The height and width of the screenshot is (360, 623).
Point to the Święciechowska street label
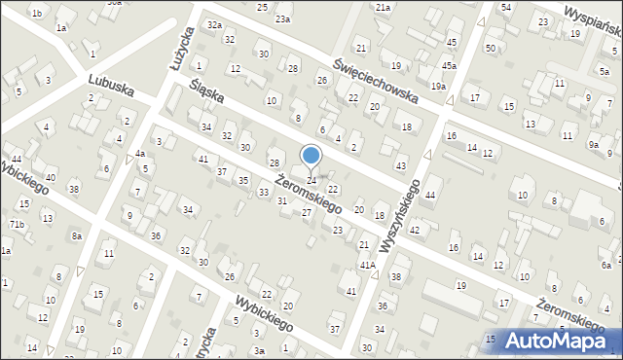375,81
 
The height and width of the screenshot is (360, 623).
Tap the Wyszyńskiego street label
402,216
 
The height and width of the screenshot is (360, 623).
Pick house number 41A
367,265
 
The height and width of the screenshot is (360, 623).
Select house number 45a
449,65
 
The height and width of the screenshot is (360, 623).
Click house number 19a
439,87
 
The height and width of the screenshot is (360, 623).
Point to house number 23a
282,18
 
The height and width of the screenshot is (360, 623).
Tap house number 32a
214,24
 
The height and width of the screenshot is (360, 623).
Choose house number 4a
140,153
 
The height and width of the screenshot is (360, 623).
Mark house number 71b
17,224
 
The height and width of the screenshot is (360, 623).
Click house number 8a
76,235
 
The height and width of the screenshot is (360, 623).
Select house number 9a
594,144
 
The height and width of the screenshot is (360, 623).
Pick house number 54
505,7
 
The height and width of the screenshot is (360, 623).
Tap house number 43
401,165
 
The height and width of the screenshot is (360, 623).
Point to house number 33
264,193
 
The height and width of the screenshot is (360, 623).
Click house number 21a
384,8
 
